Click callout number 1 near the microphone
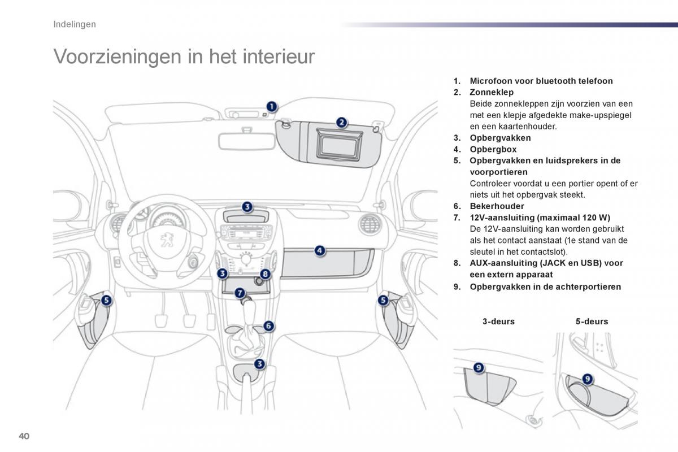[x=272, y=106]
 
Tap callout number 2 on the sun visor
[x=341, y=121]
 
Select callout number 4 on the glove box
[x=319, y=250]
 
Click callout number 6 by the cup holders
[x=268, y=326]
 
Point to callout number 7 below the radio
[x=240, y=293]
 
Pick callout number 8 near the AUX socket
[x=266, y=274]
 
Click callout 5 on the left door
[x=107, y=301]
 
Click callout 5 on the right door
[x=384, y=301]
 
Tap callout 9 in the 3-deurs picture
[x=479, y=368]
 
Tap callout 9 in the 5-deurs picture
[x=587, y=379]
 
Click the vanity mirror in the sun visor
[x=338, y=145]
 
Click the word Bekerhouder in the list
[x=497, y=206]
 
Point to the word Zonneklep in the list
[x=491, y=92]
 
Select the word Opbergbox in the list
[x=493, y=149]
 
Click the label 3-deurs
[x=498, y=321]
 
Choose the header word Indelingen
[x=74, y=24]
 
